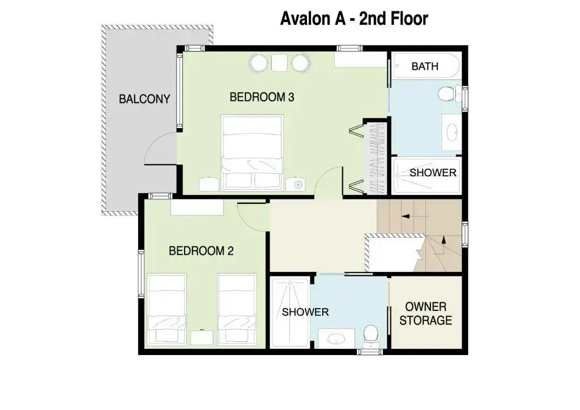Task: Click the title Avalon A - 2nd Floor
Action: click(x=354, y=19)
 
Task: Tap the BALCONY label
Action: click(x=144, y=99)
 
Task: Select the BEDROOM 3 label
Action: click(x=262, y=97)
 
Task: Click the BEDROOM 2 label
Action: click(x=201, y=251)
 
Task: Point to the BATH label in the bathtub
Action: click(x=425, y=66)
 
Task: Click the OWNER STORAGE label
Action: click(x=426, y=314)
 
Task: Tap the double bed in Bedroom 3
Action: click(x=252, y=153)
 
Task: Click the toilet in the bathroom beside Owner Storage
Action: click(x=370, y=336)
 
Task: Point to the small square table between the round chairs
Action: click(x=279, y=62)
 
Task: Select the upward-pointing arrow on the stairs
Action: click(x=444, y=245)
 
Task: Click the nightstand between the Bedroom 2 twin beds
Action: click(x=202, y=338)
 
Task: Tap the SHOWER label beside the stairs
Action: click(x=433, y=173)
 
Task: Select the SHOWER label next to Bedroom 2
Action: click(x=305, y=312)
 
